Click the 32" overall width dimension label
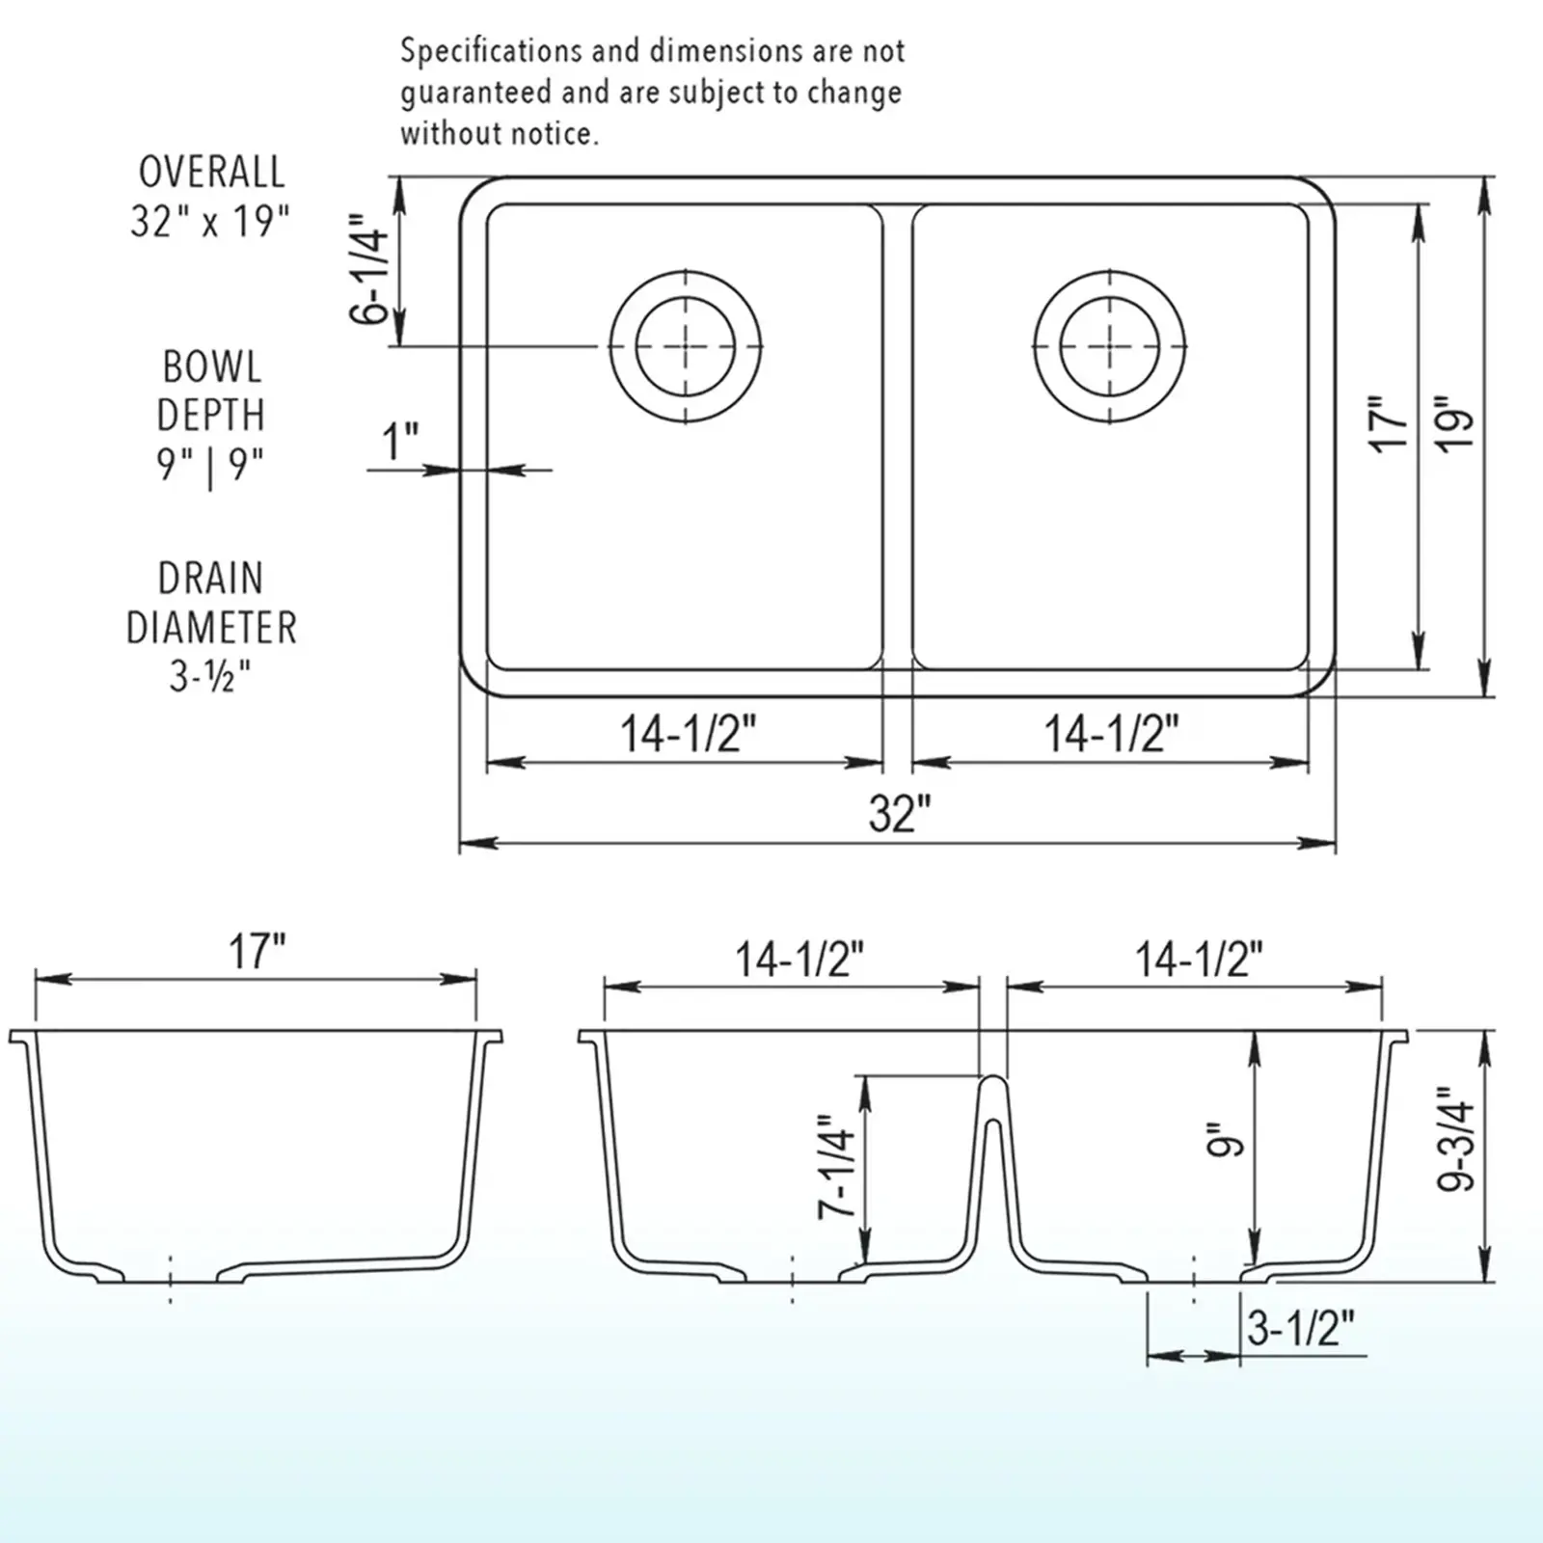[899, 813]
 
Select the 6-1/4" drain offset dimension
[369, 269]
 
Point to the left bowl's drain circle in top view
[685, 345]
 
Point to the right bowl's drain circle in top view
[1109, 345]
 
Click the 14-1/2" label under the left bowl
[687, 735]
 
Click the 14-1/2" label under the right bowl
[1111, 735]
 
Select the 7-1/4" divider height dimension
[836, 1167]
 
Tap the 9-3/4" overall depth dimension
[1457, 1140]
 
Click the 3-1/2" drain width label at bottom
[1300, 1330]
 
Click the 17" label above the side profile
[257, 953]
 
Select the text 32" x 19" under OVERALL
[210, 223]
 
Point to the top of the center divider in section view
[993, 1079]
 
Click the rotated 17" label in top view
[1389, 421]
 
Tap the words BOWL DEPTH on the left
[210, 391]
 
